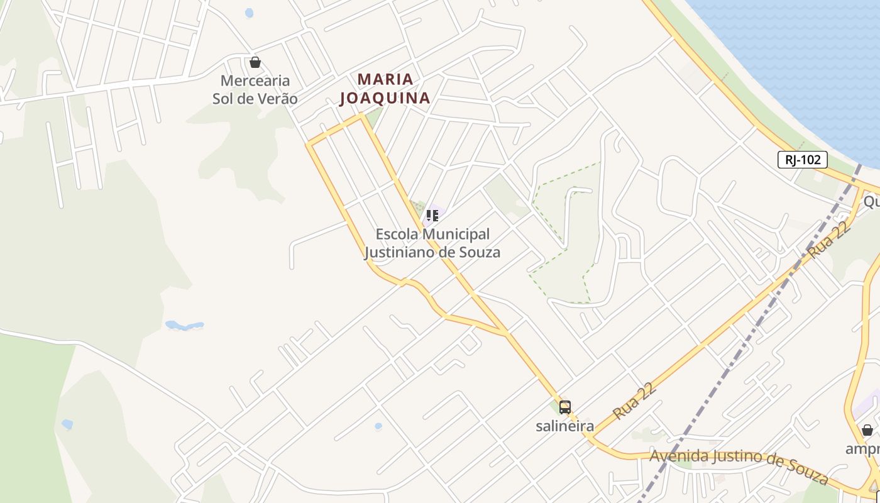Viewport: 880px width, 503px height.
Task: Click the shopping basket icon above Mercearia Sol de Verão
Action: [x=255, y=62]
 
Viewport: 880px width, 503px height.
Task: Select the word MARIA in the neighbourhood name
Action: [x=385, y=79]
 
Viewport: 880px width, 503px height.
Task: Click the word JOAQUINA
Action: [x=385, y=98]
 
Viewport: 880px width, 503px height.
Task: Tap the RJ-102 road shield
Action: [x=803, y=160]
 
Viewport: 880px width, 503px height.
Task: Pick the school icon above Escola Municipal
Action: [x=432, y=216]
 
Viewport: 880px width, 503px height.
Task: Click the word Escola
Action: [x=397, y=235]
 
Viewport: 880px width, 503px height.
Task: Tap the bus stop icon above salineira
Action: [x=565, y=407]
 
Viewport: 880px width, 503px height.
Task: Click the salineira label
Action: [x=564, y=426]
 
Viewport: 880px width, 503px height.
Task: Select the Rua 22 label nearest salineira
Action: [x=635, y=401]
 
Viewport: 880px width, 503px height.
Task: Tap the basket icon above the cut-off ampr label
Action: [x=867, y=430]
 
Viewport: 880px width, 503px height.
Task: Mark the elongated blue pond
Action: [x=185, y=326]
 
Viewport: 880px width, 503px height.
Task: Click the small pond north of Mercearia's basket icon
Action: [x=250, y=13]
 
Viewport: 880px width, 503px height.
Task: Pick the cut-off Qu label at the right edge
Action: [x=871, y=201]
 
